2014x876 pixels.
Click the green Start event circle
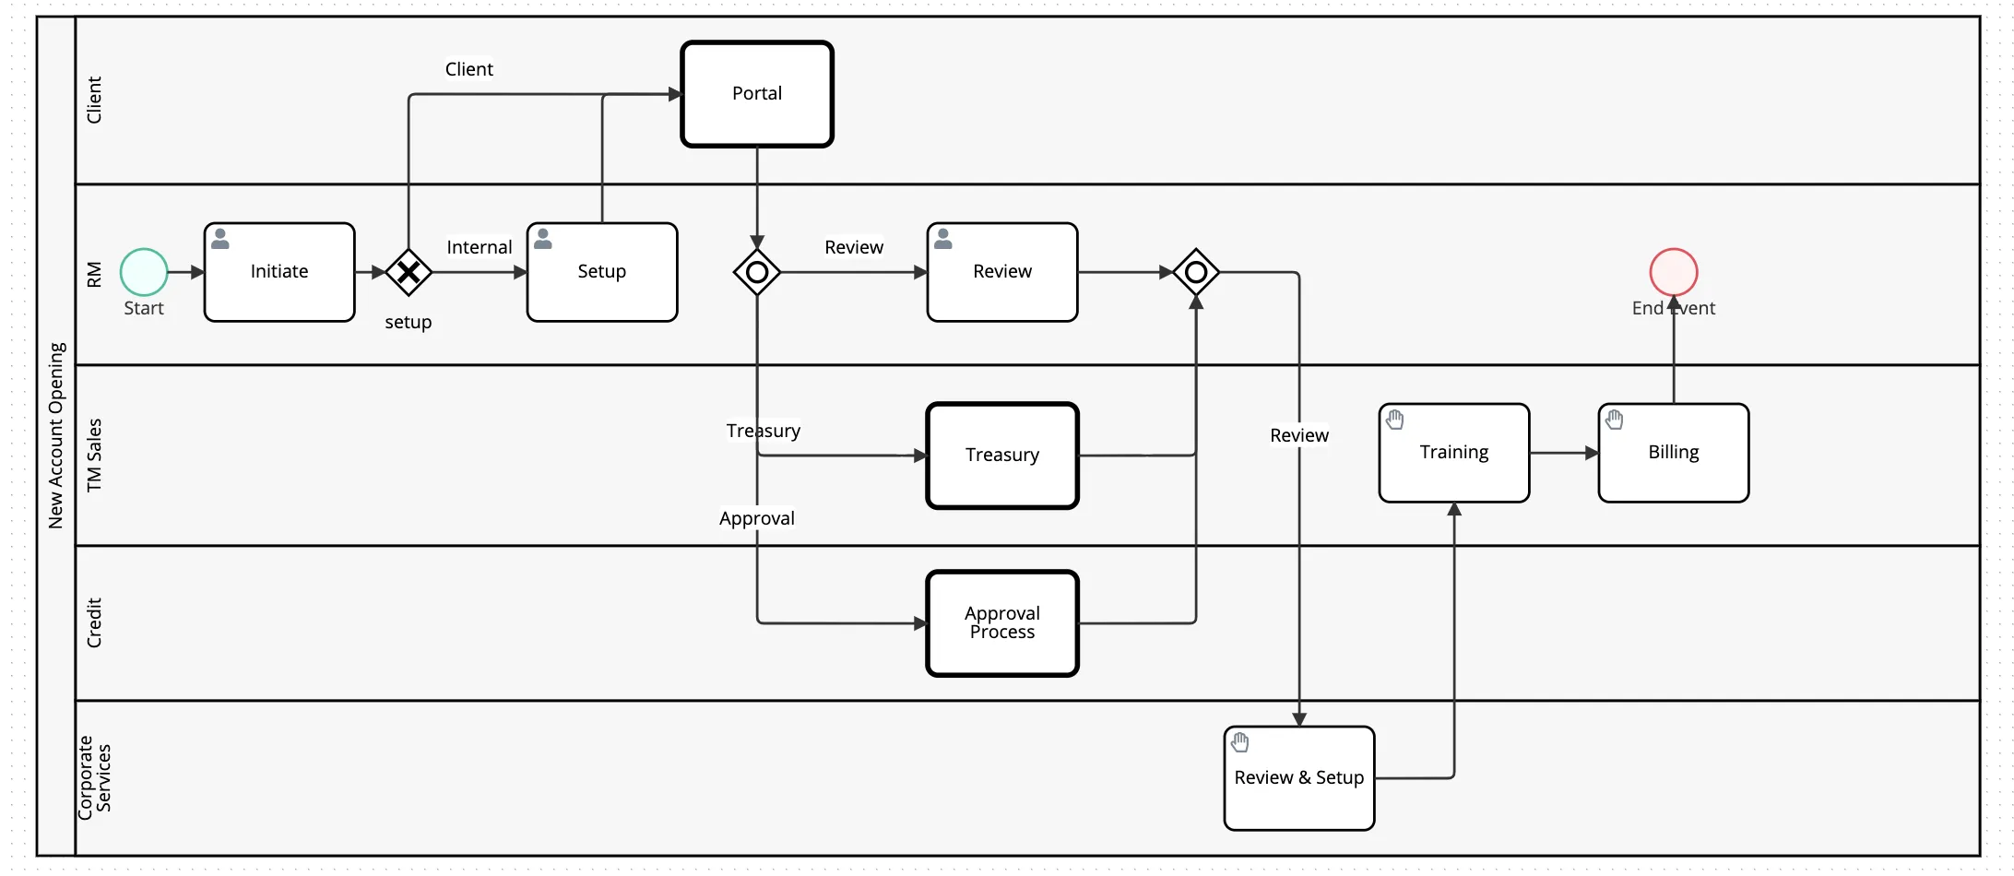tap(144, 272)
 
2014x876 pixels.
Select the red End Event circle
tap(1674, 272)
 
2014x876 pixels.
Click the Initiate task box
tap(279, 272)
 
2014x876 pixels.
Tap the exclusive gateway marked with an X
tap(409, 272)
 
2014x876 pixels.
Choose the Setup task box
tap(602, 272)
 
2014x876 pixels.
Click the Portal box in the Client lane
tap(757, 94)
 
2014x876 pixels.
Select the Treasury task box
tap(1002, 456)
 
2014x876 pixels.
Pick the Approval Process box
tap(1002, 623)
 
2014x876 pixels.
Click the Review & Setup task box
tap(1299, 778)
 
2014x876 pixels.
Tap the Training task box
tap(1454, 453)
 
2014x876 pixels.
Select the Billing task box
tap(1674, 453)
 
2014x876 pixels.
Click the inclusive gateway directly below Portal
tap(757, 272)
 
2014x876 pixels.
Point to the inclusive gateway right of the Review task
tap(1196, 272)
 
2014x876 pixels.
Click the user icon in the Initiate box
tap(220, 239)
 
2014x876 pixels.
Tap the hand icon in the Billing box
tap(1615, 420)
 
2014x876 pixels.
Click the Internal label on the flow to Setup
tap(480, 247)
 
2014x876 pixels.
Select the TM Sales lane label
tap(94, 455)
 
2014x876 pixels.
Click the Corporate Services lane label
tap(94, 775)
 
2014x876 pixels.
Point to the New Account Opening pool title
tap(56, 435)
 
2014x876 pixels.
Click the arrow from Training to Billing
tap(1564, 453)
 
